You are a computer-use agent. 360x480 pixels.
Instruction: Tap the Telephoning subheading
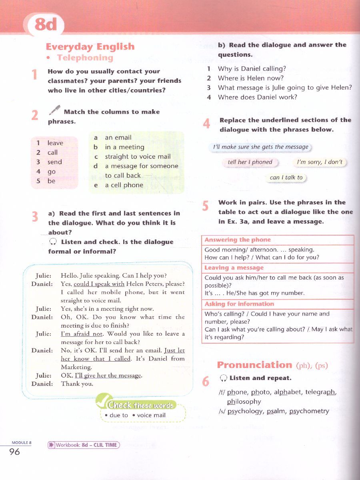pyautogui.click(x=85, y=58)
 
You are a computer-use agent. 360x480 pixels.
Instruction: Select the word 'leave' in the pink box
pyautogui.click(x=55, y=143)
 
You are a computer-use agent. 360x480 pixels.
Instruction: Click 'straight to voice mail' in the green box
pyautogui.click(x=138, y=156)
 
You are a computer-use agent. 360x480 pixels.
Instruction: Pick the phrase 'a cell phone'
pyautogui.click(x=124, y=185)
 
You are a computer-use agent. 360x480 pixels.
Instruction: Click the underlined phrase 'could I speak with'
pyautogui.click(x=99, y=284)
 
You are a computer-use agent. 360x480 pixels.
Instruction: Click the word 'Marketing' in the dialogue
pyautogui.click(x=76, y=367)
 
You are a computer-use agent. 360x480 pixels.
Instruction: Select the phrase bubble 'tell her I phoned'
pyautogui.click(x=250, y=162)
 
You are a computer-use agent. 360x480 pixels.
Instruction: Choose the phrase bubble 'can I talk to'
pyautogui.click(x=286, y=177)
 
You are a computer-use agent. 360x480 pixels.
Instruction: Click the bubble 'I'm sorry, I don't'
pyautogui.click(x=320, y=162)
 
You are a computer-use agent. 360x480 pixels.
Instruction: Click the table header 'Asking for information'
pyautogui.click(x=239, y=304)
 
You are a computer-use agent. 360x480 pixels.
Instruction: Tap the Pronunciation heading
pyautogui.click(x=254, y=365)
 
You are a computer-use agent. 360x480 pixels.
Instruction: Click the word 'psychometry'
pyautogui.click(x=309, y=411)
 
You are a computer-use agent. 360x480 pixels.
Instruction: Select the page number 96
pyautogui.click(x=14, y=452)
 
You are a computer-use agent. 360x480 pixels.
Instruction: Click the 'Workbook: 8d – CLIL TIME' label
pyautogui.click(x=84, y=445)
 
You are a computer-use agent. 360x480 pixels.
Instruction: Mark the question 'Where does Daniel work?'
pyautogui.click(x=258, y=97)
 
